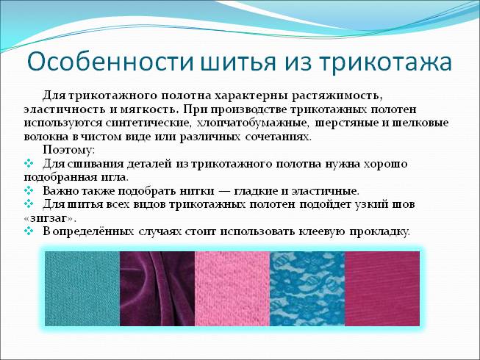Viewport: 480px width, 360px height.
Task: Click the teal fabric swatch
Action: (82, 289)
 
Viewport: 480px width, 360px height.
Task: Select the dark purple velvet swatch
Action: (157, 289)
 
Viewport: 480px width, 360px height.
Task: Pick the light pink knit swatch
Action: (232, 289)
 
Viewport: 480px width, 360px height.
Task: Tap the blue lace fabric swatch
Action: (307, 289)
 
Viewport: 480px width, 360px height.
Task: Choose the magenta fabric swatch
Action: (382, 289)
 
